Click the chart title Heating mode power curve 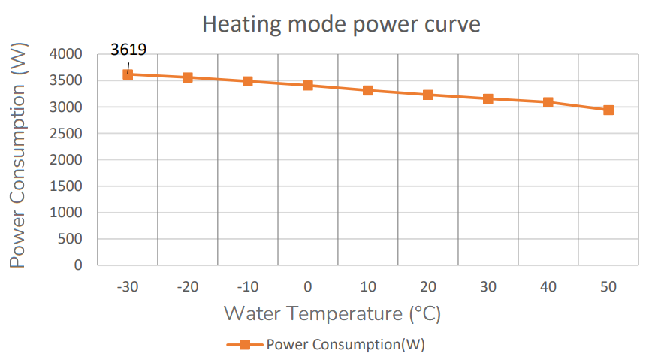point(340,24)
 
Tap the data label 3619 point(128,50)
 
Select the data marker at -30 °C point(128,74)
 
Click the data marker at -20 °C point(188,77)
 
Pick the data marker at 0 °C point(308,85)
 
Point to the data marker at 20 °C point(428,95)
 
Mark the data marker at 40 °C point(548,102)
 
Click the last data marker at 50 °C point(608,110)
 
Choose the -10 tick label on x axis point(247,286)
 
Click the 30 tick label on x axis point(488,286)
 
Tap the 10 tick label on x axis point(368,286)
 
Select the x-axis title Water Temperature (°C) point(332,313)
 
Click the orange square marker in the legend point(243,345)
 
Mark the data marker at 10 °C point(368,90)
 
